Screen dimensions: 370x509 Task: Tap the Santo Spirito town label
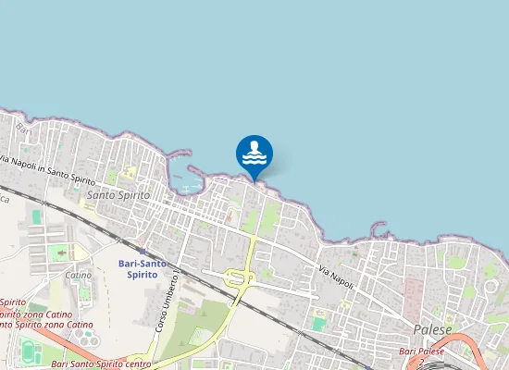coord(118,195)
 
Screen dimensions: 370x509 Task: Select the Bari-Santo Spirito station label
coord(143,268)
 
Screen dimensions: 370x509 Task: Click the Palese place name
coord(432,329)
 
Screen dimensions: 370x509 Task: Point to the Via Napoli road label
coord(337,274)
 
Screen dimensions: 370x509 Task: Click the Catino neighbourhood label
coord(78,275)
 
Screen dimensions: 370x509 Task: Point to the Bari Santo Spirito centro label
coord(101,364)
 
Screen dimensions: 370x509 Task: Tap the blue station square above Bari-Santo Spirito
coord(142,250)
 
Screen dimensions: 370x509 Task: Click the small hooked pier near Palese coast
coord(379,227)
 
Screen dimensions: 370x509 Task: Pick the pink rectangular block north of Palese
coord(413,295)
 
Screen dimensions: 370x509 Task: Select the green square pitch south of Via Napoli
coord(319,323)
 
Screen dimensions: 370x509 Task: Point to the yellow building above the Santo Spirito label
coord(129,171)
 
